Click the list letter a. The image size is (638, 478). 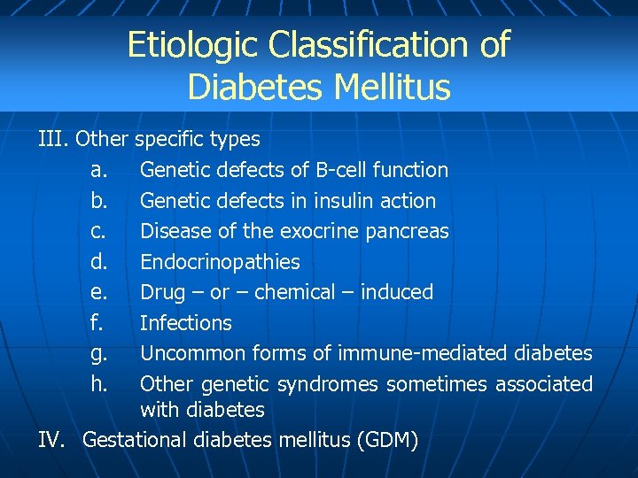[x=99, y=170]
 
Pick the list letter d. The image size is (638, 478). [x=99, y=262]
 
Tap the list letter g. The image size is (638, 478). [x=99, y=354]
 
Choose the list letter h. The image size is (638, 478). [x=99, y=384]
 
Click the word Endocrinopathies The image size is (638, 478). [x=220, y=262]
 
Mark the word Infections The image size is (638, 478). [x=186, y=323]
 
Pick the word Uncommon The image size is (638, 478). [x=190, y=354]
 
